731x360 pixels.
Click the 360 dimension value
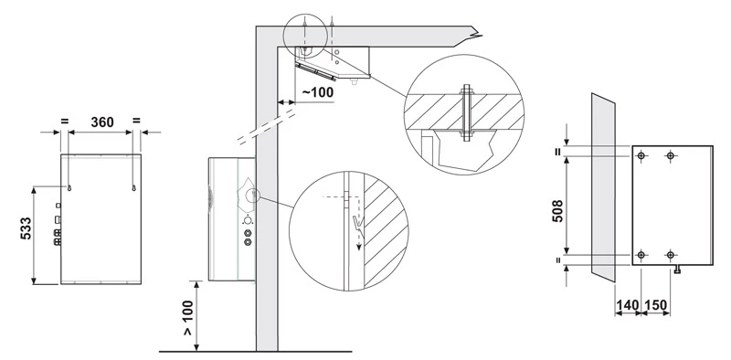[x=102, y=122]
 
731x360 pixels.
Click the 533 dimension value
[x=26, y=228]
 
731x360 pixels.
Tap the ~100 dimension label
[x=318, y=92]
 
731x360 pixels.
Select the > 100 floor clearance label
[x=187, y=318]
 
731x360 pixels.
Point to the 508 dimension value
[x=557, y=211]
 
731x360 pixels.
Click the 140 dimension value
[x=627, y=305]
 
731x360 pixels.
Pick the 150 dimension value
[x=655, y=305]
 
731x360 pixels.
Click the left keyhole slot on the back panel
[x=69, y=187]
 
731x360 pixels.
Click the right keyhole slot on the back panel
[x=133, y=187]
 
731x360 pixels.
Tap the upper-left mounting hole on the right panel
[x=641, y=155]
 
